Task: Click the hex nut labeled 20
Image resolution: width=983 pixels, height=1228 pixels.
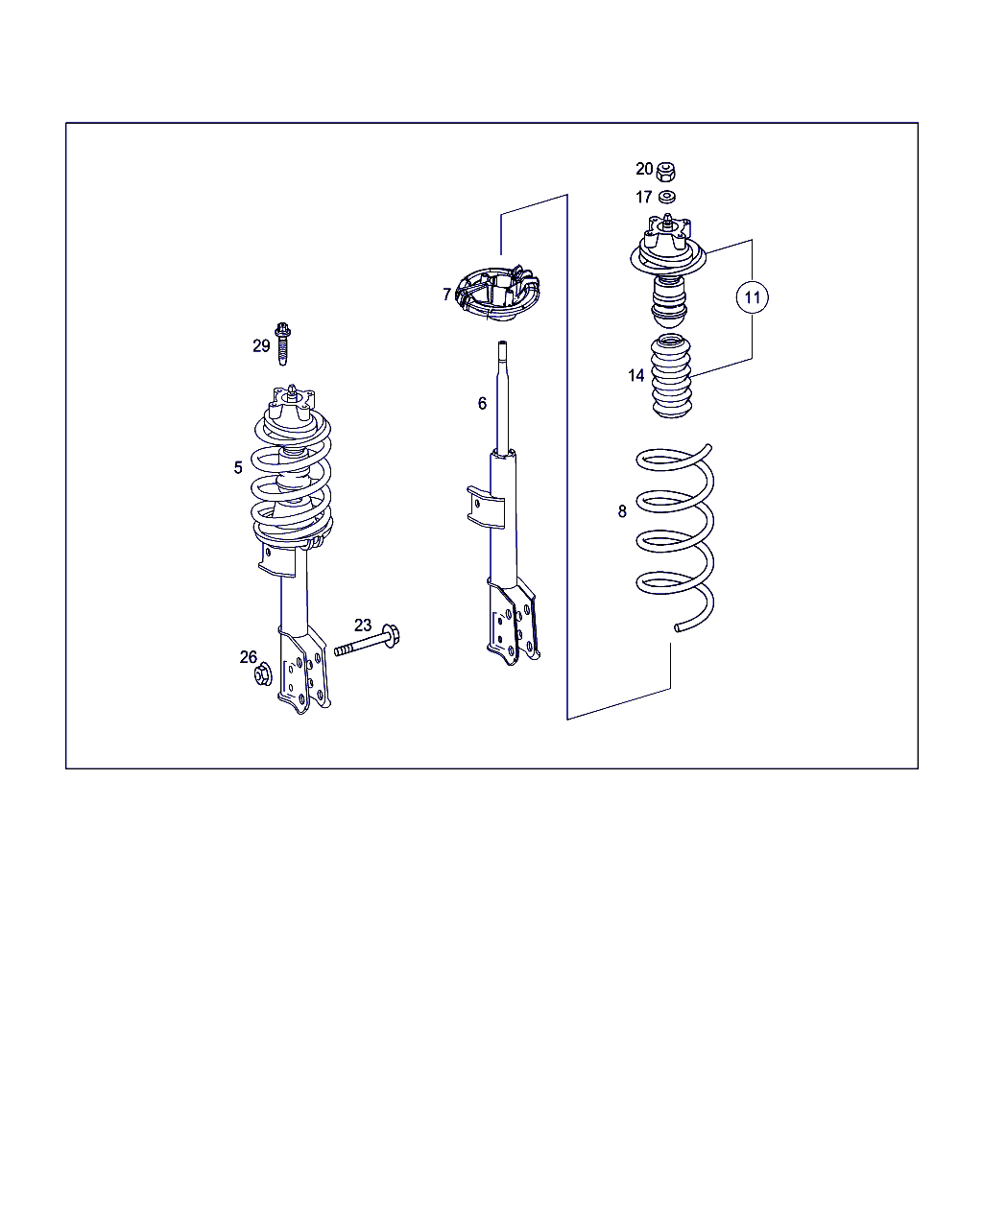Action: [666, 171]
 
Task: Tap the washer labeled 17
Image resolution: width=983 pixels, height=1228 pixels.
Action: [666, 197]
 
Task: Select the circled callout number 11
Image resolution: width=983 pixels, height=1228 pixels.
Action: [753, 297]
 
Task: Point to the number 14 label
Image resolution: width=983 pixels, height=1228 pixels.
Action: [635, 375]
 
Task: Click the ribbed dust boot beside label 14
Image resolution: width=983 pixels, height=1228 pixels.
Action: [671, 377]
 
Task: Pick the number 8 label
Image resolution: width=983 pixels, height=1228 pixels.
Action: [622, 511]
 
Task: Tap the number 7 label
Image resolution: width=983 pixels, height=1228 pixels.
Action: [446, 295]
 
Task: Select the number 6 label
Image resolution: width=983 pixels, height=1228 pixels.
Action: [482, 404]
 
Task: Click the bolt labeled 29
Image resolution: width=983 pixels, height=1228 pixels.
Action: [282, 343]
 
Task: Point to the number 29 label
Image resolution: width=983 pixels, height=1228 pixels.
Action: [261, 345]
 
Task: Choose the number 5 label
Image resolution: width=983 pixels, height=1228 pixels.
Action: [238, 468]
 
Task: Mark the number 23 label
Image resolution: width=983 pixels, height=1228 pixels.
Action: [363, 626]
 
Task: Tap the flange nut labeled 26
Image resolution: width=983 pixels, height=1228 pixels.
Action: [263, 675]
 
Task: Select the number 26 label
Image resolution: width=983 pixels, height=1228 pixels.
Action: [248, 657]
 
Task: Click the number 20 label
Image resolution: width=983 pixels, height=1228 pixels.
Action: [644, 169]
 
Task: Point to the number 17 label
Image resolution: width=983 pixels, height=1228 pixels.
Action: [644, 198]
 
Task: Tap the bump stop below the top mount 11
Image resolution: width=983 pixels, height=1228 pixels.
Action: [668, 301]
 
